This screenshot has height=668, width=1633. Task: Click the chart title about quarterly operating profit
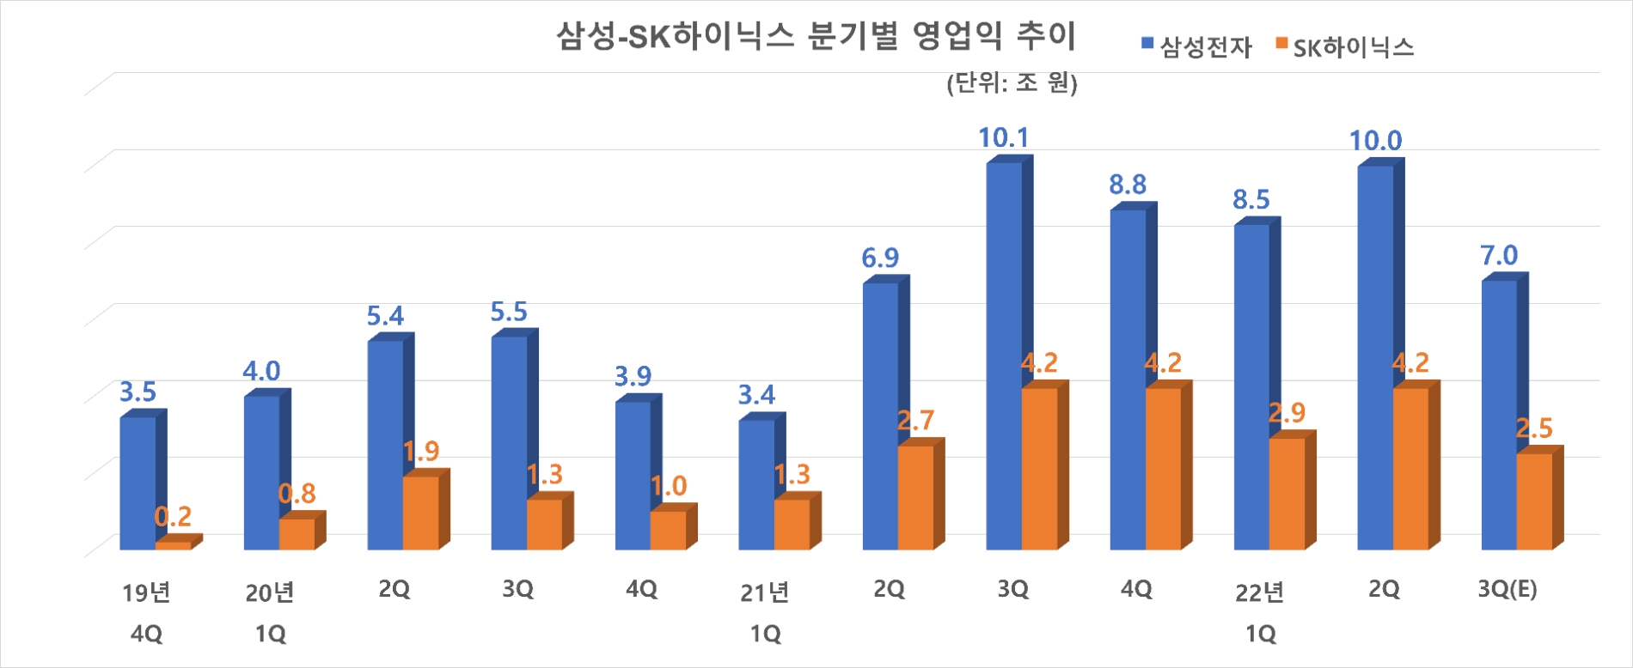816,37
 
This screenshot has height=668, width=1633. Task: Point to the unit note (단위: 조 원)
1012,82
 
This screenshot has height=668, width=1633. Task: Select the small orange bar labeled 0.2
173,545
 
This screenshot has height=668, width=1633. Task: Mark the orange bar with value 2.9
1287,493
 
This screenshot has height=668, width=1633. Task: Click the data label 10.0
1375,141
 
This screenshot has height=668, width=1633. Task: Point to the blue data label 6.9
880,258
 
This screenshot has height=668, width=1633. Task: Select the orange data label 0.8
297,494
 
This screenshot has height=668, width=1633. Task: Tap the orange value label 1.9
421,451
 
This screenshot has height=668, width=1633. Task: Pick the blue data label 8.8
1128,185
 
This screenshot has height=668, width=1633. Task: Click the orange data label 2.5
1534,428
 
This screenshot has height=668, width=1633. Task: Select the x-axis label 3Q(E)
1508,589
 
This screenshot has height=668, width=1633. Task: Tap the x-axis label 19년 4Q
146,611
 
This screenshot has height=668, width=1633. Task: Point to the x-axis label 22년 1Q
1260,611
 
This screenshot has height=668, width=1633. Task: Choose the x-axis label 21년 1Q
765,611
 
